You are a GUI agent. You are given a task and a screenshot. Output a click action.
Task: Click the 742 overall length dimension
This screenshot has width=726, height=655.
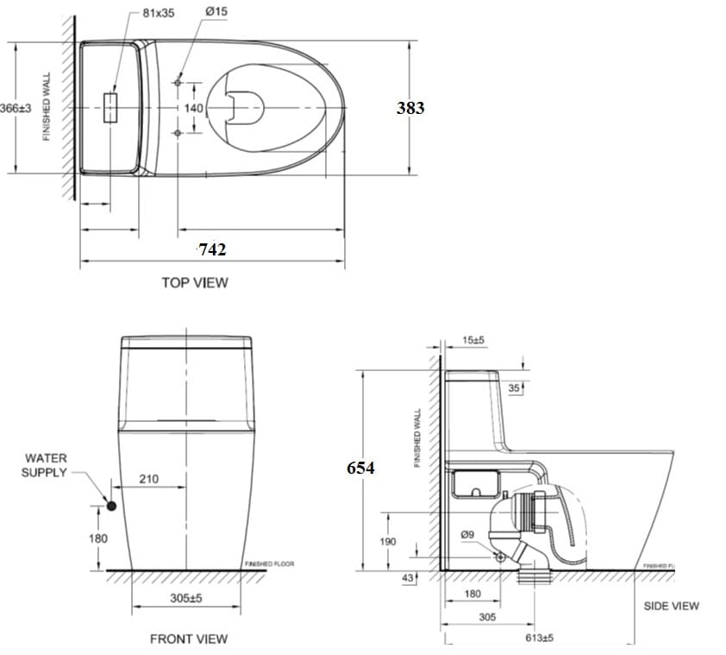point(212,249)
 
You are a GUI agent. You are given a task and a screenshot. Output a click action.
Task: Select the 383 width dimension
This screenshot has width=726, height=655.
point(410,108)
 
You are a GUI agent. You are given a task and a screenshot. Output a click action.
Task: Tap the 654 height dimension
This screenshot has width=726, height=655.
point(360,467)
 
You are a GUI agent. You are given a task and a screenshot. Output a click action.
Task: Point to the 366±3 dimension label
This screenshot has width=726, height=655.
point(16,108)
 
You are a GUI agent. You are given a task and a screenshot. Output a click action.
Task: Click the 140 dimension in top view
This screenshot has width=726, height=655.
point(194,109)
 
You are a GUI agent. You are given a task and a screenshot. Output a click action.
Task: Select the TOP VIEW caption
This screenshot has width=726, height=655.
point(195,282)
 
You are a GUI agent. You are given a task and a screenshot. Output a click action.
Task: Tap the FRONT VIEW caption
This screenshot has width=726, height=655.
point(189,639)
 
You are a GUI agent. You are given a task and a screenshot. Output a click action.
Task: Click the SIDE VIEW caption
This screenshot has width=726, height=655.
point(671,606)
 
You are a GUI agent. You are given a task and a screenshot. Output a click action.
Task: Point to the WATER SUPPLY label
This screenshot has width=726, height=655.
point(46,465)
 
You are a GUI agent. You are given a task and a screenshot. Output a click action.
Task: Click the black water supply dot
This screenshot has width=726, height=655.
point(110,505)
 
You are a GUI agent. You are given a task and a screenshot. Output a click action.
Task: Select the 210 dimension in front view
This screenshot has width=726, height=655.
point(148,479)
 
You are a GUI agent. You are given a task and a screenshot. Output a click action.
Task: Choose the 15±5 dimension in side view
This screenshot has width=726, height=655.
point(473,340)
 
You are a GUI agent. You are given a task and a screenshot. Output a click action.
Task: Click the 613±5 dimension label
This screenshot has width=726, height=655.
point(539,638)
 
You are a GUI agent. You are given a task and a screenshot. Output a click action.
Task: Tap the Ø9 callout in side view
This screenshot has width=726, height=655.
point(468,534)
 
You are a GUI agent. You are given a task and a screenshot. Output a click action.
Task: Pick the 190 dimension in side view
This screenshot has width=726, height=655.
point(387,541)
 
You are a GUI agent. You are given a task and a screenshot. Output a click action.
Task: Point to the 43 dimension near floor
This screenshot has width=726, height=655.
point(409,577)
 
